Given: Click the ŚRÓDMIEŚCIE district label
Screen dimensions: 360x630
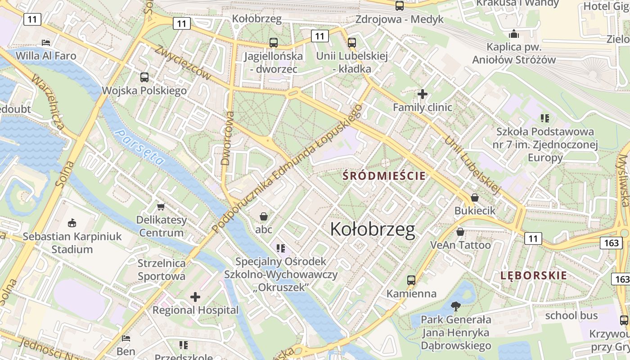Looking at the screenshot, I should tap(384, 175).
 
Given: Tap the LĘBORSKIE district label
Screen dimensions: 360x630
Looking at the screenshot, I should tap(534, 275).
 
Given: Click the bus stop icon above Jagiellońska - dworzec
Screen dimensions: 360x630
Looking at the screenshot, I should tap(273, 43).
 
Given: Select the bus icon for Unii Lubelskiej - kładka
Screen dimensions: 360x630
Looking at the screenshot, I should tap(351, 43).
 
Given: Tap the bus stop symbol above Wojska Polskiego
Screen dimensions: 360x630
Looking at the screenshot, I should tap(144, 77).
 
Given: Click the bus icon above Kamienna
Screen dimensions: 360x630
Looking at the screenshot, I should tap(411, 280).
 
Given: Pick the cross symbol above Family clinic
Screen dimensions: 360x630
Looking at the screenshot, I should tap(422, 94).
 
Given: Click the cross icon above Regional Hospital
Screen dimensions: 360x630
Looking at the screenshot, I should tap(195, 297).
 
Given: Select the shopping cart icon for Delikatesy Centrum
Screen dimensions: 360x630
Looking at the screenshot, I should tap(161, 207).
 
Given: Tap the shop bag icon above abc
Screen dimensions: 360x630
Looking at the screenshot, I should tap(264, 216).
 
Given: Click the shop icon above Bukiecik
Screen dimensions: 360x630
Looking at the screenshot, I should tap(474, 197).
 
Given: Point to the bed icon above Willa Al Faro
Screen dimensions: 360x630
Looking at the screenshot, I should tap(46, 43).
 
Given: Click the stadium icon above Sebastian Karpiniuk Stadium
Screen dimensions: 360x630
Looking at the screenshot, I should tap(72, 223).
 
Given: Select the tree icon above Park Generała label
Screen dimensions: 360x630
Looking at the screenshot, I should tap(456, 306).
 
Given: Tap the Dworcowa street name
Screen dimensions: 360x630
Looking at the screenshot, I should tap(227, 138).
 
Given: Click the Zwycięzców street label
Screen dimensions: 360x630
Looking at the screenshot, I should tap(183, 63).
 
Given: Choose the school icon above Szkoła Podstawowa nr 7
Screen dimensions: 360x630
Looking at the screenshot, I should tap(545, 118).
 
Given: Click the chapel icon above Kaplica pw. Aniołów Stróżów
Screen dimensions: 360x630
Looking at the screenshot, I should tap(514, 34).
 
